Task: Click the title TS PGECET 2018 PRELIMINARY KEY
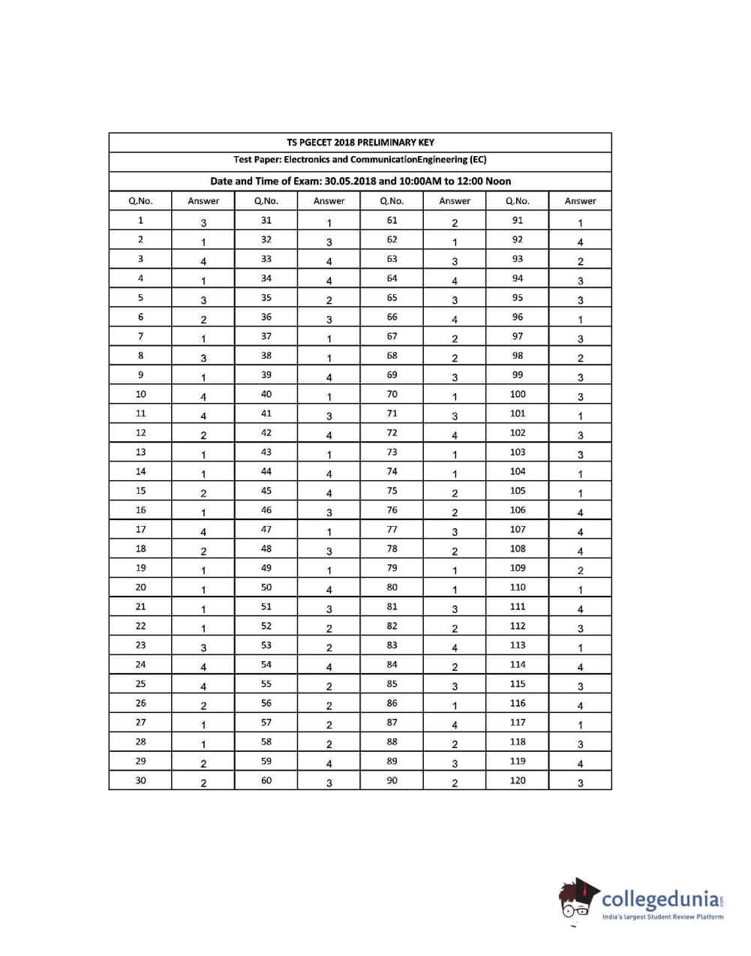(x=360, y=143)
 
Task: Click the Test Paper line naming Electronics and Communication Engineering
(x=360, y=160)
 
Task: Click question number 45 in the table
(x=266, y=491)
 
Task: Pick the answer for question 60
(x=329, y=783)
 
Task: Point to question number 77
(x=392, y=529)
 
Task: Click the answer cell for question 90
(x=455, y=783)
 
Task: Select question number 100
(x=518, y=394)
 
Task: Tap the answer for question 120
(x=581, y=783)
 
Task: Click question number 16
(x=141, y=510)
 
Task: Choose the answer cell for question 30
(x=203, y=783)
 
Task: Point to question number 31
(x=266, y=221)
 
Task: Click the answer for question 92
(x=581, y=242)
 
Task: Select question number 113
(x=518, y=645)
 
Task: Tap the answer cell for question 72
(x=455, y=435)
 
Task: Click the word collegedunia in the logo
(x=661, y=899)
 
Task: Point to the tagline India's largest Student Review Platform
(x=663, y=917)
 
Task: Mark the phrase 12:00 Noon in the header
(x=488, y=181)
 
